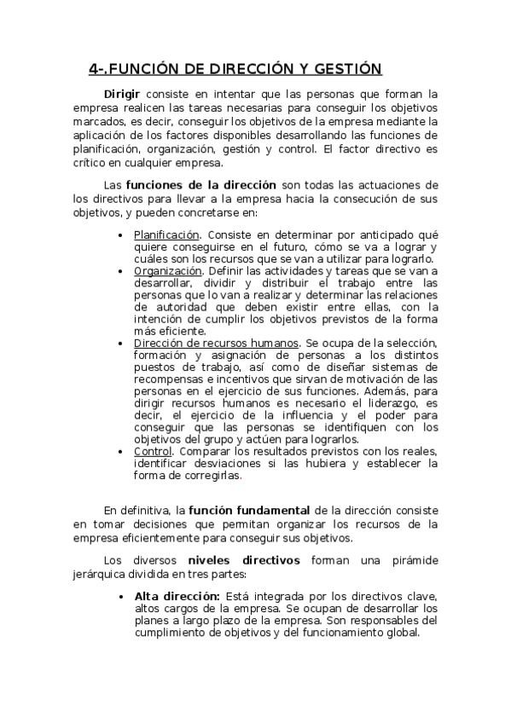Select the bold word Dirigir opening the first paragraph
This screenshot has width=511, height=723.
pos(122,94)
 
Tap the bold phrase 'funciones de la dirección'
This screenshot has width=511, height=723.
pos(200,184)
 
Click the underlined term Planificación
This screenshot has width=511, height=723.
pos(167,234)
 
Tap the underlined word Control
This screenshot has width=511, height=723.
pos(153,451)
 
